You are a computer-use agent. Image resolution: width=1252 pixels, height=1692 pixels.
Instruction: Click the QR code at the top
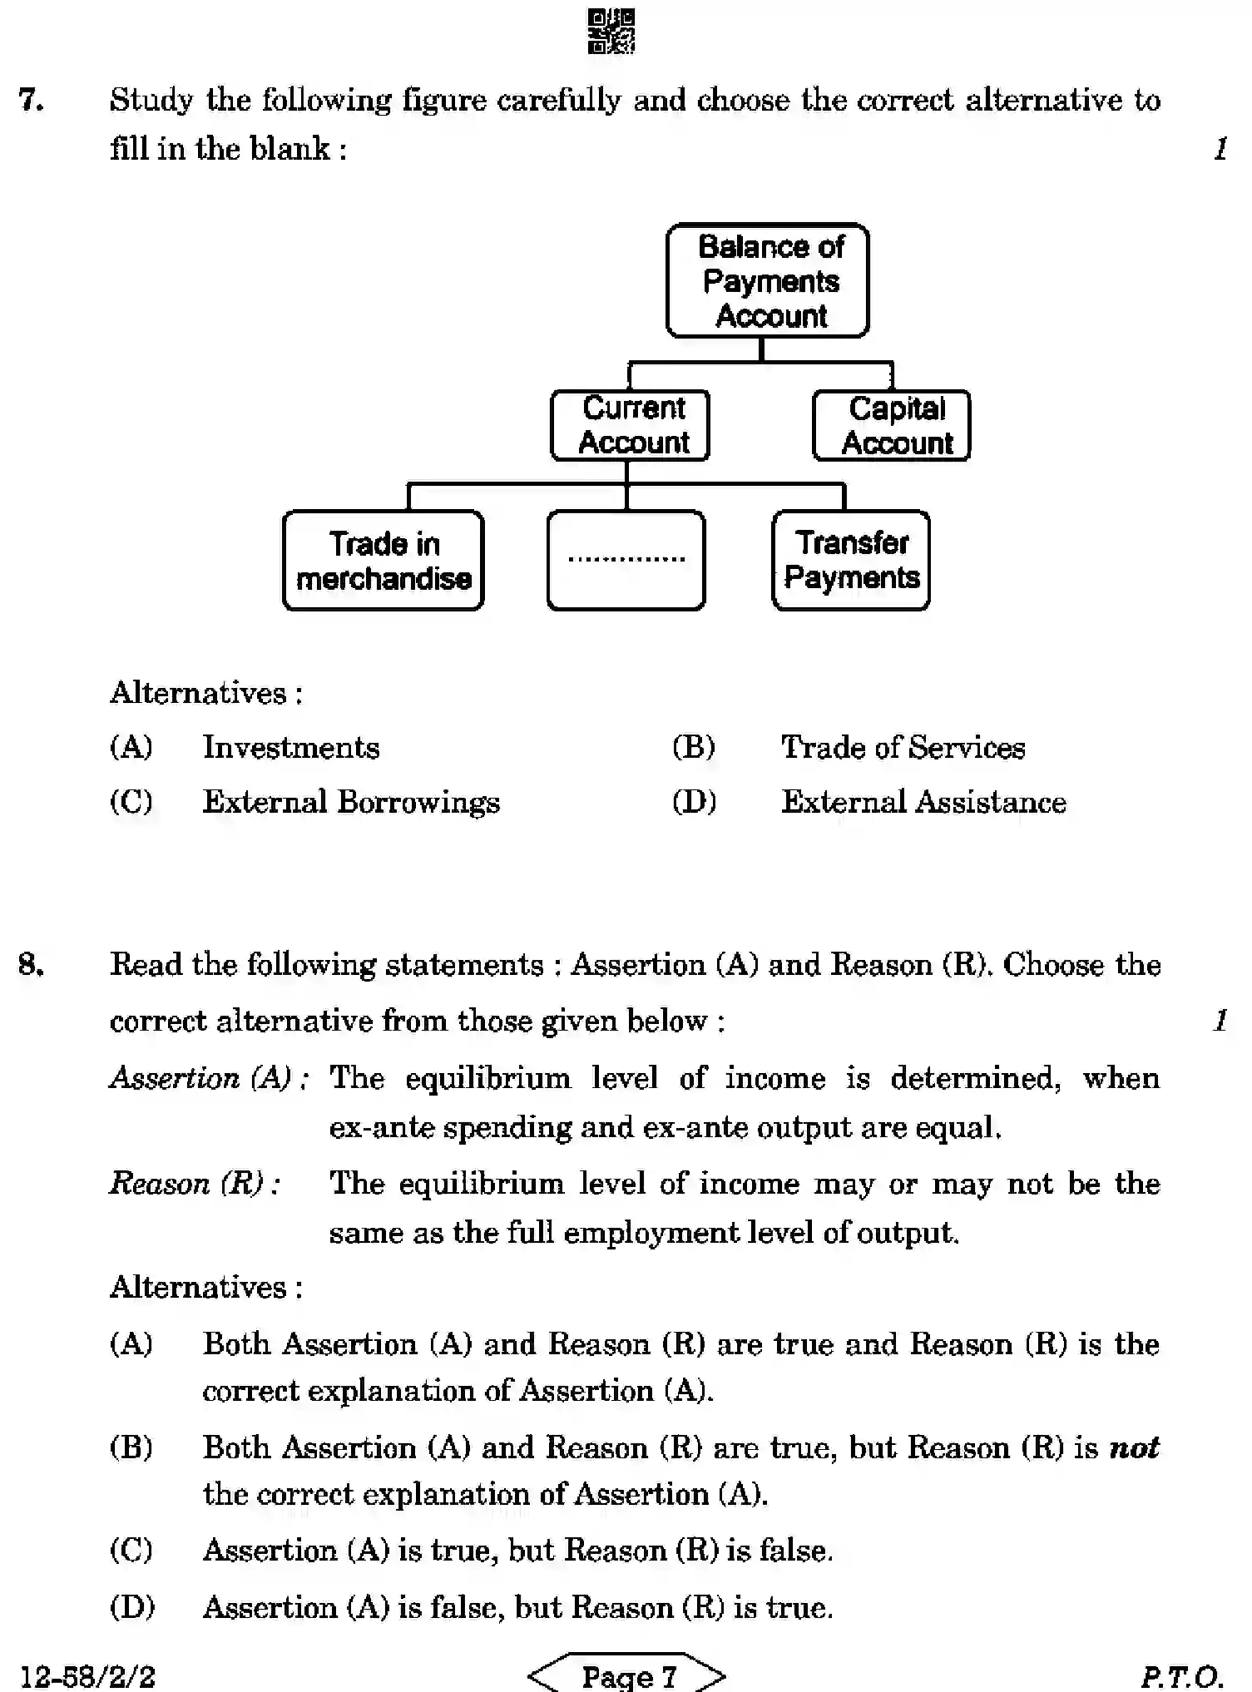coord(611,32)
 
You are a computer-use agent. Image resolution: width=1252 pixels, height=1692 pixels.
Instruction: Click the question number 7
coord(31,101)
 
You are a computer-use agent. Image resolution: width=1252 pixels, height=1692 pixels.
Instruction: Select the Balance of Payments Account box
coord(768,280)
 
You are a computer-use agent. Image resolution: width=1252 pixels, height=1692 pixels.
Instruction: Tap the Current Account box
coord(631,425)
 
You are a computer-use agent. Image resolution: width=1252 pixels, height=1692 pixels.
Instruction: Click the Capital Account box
coord(892,425)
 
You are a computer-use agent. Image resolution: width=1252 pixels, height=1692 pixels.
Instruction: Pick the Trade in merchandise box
coord(384,561)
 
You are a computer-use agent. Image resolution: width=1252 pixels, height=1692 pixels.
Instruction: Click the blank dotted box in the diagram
coord(626,560)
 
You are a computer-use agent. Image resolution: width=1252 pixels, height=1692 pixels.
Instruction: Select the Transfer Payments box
coord(851,560)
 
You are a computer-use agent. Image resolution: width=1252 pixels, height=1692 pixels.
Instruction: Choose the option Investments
coord(290,748)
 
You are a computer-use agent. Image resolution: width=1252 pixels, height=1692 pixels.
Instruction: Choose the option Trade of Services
coord(902,748)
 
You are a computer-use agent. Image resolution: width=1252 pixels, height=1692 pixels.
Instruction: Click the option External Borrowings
coord(350,803)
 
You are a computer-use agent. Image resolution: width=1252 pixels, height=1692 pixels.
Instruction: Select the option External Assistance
coord(923,803)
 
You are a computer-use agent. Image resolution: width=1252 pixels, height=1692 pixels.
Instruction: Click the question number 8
coord(31,965)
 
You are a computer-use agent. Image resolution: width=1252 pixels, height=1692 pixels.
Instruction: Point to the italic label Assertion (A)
coord(208,1078)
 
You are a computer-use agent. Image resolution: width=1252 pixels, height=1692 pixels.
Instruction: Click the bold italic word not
coord(1134,1448)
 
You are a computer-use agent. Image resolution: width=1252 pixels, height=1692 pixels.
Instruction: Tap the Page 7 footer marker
coord(628,1675)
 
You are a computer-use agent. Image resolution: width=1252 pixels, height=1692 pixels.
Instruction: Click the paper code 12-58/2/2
coord(87,1676)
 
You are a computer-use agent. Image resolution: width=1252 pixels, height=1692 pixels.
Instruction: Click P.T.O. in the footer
coord(1181,1676)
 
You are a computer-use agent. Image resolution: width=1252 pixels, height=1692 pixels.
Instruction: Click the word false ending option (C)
coord(794,1551)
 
